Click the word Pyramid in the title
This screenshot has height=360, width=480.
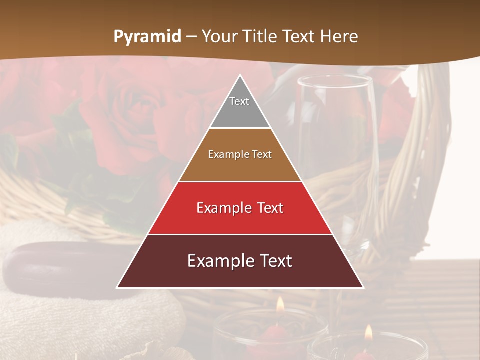pyautogui.click(x=147, y=37)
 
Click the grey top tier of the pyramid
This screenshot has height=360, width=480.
pyautogui.click(x=240, y=107)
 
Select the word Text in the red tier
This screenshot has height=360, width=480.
pyautogui.click(x=268, y=208)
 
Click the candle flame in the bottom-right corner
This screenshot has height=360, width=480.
pyautogui.click(x=369, y=332)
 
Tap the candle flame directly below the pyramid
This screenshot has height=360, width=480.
pyautogui.click(x=280, y=304)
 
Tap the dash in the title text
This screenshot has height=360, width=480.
pyautogui.click(x=191, y=37)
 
